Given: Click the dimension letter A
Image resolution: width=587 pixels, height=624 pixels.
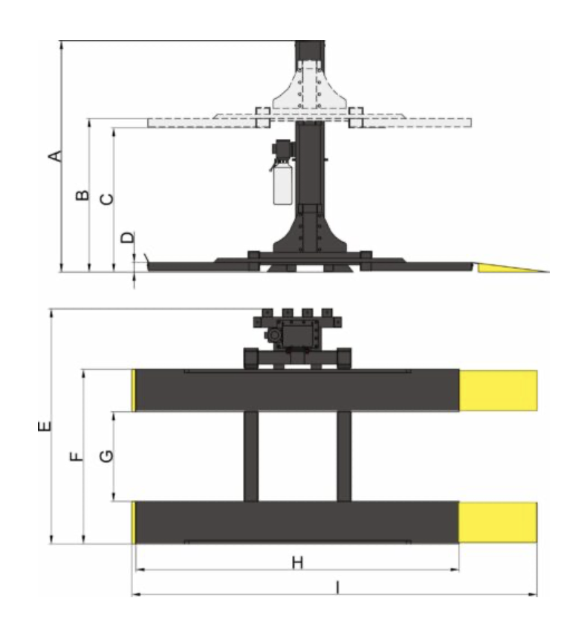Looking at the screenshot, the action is (x=55, y=156).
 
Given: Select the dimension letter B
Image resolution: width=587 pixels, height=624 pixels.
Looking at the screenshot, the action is (x=82, y=195).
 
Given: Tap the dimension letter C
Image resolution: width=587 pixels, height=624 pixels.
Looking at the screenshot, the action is (x=107, y=199).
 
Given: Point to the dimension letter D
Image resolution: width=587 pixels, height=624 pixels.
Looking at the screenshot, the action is (x=127, y=238).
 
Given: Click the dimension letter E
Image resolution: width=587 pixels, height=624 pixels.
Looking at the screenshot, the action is (x=45, y=426).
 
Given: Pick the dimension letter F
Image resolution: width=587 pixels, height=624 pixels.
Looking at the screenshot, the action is (x=77, y=456).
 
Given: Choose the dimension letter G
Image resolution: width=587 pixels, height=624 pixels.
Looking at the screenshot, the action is (x=106, y=456).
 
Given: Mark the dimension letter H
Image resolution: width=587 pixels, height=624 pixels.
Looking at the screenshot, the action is (x=298, y=563).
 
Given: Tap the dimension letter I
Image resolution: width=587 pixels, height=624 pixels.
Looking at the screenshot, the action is (x=338, y=588).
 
